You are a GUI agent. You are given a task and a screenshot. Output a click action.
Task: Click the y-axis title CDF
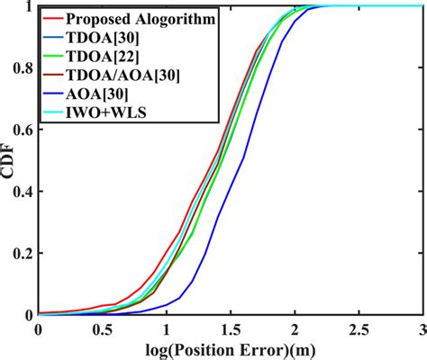tap(11, 162)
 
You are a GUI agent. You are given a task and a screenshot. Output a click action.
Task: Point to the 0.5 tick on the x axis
tap(101, 329)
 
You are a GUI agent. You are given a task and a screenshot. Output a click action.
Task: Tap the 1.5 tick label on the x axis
tap(231, 329)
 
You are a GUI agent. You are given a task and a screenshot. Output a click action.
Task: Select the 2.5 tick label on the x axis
tap(359, 329)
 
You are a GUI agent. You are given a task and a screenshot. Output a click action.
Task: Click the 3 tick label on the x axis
tap(423, 329)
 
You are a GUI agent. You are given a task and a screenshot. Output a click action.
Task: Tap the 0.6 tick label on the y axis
tap(20, 130)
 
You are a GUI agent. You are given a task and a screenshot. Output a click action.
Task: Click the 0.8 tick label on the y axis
tap(20, 68)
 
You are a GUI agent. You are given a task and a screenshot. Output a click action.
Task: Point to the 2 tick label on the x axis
tap(295, 329)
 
